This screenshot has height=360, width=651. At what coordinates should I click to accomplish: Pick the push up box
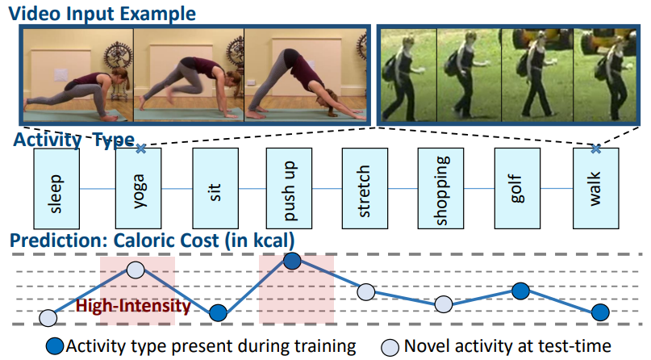click(289, 188)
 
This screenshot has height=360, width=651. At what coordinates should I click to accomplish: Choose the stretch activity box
click(365, 188)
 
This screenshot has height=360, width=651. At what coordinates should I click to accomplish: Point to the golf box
click(517, 188)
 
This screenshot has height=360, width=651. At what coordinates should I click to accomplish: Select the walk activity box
click(595, 188)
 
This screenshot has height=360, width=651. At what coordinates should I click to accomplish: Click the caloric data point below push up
click(293, 260)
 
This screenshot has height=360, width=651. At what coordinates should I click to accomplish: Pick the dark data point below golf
click(521, 290)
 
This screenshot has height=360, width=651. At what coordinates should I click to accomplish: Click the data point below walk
click(599, 312)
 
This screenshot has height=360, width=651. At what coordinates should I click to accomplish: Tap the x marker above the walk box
click(595, 149)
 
